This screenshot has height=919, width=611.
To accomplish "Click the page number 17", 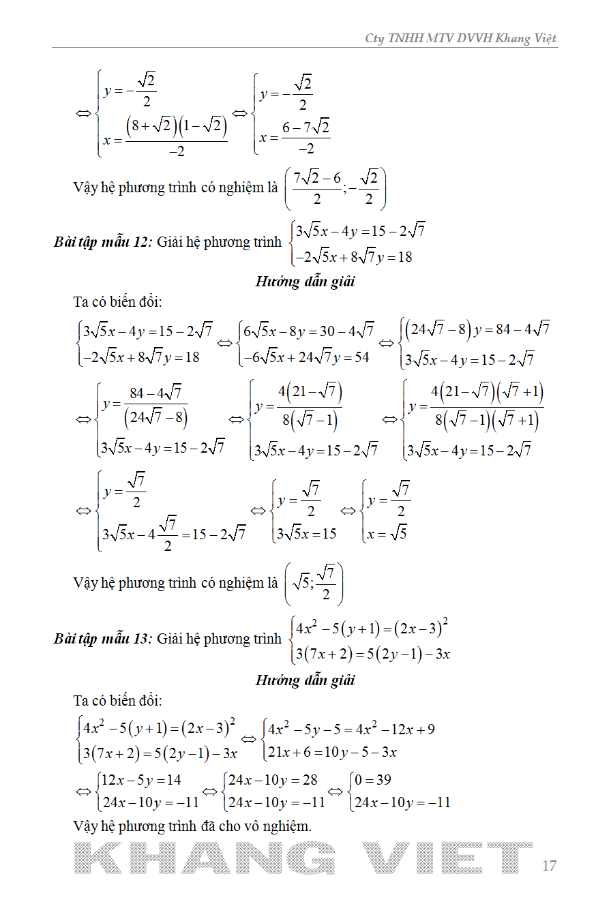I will point(549,866).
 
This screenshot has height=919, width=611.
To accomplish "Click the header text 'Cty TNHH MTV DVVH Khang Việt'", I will point(461,38).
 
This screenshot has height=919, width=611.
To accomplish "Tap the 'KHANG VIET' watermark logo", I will point(303,858).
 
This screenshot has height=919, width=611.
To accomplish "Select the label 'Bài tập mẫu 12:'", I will point(102,242).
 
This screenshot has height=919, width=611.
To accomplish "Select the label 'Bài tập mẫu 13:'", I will point(102,639).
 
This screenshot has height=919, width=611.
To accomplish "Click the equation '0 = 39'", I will point(373,780).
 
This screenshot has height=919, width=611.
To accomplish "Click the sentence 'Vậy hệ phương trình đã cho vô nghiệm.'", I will point(192,826).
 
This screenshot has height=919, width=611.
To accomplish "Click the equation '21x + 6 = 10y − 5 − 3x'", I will point(332,753).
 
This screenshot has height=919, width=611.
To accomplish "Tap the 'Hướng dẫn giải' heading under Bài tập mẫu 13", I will point(305,680).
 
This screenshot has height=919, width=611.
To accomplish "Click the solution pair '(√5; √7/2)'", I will point(314,584).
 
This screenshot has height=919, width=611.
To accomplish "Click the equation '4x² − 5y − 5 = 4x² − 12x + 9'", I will point(351,729).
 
